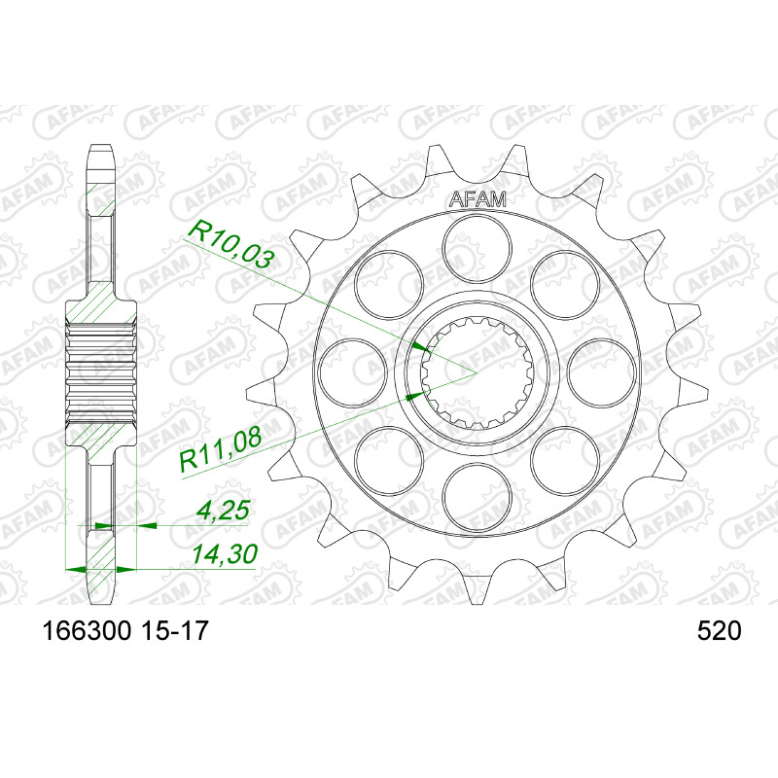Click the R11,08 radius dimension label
point(221,450)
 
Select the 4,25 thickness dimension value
point(222,511)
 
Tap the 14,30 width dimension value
point(225,554)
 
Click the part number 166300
point(88,631)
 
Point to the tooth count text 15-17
point(174,631)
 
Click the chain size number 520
point(719,631)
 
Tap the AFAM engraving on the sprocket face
point(477,199)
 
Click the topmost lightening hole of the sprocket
point(477,252)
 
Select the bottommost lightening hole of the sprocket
point(477,497)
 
